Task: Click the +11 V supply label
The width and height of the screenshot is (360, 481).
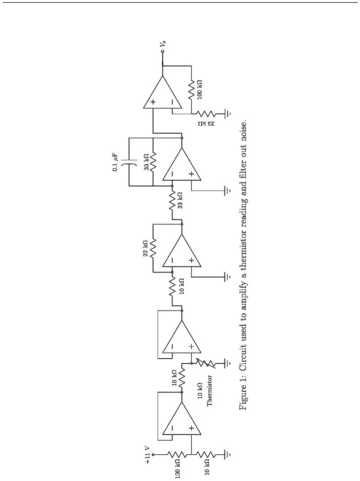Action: [x=148, y=455]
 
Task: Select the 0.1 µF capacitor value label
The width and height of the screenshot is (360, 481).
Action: [x=115, y=163]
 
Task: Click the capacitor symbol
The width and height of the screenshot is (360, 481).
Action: [x=129, y=161]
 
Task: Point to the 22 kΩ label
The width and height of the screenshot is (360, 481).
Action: [x=146, y=248]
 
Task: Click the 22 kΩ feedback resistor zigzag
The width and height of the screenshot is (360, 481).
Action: [x=152, y=248]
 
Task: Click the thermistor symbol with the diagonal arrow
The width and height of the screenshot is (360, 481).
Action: [x=206, y=363]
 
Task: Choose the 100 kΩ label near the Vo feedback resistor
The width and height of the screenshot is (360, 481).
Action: [x=199, y=89]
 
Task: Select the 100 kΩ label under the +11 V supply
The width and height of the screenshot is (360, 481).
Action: [x=177, y=468]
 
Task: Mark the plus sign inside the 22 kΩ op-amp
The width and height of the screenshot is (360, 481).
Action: [x=191, y=260]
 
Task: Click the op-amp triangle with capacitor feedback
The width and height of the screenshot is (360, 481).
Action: [x=181, y=164]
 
